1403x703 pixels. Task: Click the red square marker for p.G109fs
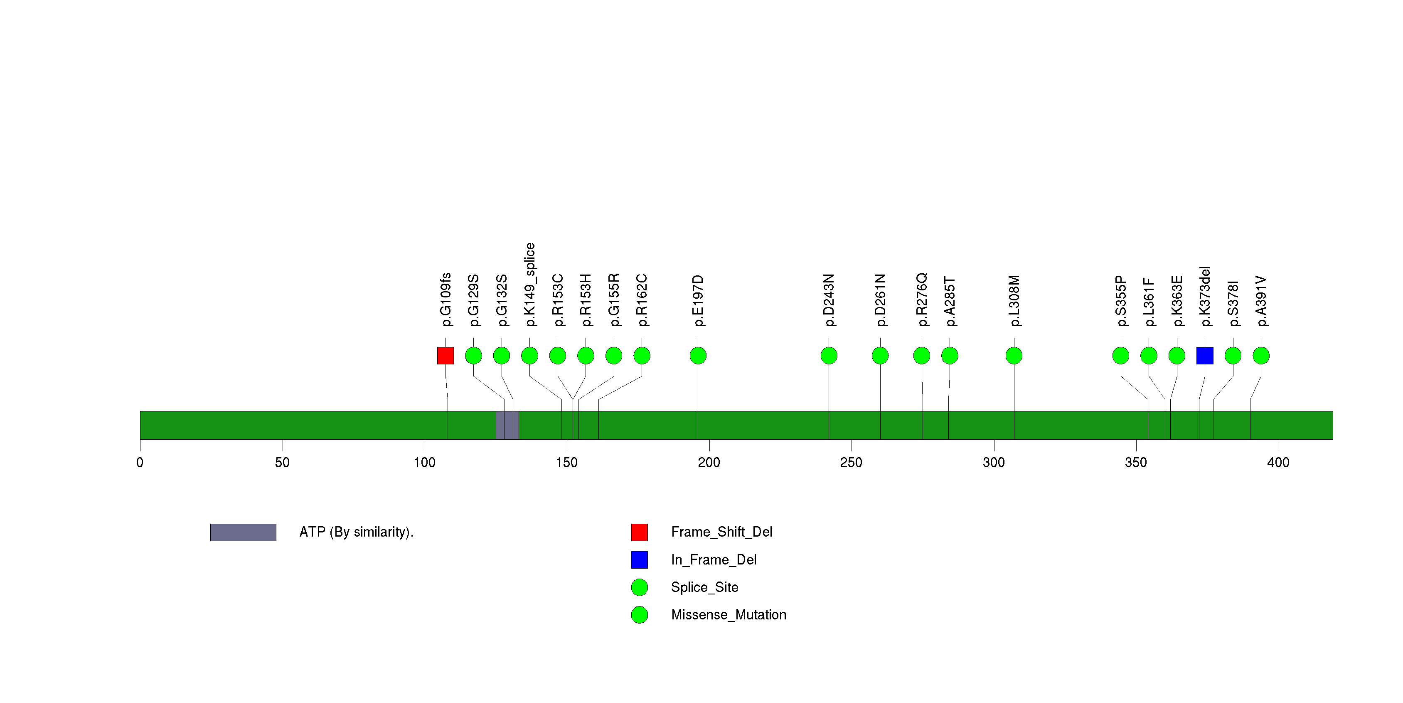pyautogui.click(x=445, y=356)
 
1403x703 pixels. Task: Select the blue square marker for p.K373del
pyautogui.click(x=1204, y=356)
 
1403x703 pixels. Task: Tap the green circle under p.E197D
pyautogui.click(x=698, y=356)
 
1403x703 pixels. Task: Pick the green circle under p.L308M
pyautogui.click(x=1014, y=356)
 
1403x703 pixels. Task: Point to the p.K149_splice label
pyautogui.click(x=529, y=285)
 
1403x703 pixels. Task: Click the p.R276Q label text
pyautogui.click(x=921, y=300)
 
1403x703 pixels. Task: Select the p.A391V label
pyautogui.click(x=1261, y=301)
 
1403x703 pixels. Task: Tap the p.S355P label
pyautogui.click(x=1120, y=301)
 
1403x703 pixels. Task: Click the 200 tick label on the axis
pyautogui.click(x=709, y=463)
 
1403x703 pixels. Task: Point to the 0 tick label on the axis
pyautogui.click(x=140, y=463)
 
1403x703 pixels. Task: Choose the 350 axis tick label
pyautogui.click(x=1136, y=463)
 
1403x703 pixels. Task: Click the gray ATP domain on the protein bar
pyautogui.click(x=507, y=425)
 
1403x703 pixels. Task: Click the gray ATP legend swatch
pyautogui.click(x=243, y=532)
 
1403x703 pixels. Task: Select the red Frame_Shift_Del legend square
pyautogui.click(x=640, y=532)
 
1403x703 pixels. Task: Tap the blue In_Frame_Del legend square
pyautogui.click(x=640, y=559)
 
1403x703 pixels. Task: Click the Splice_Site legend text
pyautogui.click(x=704, y=587)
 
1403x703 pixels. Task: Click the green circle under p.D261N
pyautogui.click(x=880, y=356)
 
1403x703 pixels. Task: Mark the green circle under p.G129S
pyautogui.click(x=473, y=356)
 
